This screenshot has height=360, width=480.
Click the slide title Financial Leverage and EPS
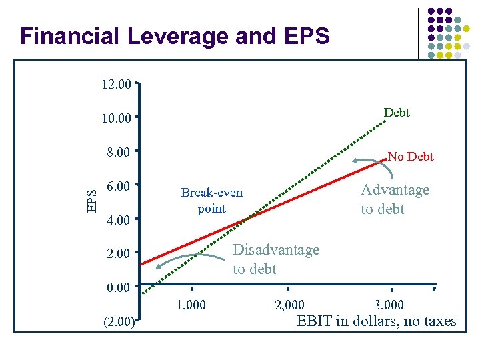(175, 36)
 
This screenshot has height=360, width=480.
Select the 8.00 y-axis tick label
(119, 153)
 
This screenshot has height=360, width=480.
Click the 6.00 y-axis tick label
(119, 186)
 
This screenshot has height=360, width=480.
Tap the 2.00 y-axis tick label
(119, 254)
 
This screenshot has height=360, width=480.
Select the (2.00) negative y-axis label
(118, 323)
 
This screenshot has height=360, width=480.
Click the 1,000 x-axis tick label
(191, 305)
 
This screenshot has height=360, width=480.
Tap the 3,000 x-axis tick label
(389, 305)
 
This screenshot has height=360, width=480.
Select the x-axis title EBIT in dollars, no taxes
(376, 322)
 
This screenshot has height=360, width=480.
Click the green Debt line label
(397, 113)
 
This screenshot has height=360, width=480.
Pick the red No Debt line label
(411, 157)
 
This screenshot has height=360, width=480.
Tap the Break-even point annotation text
(212, 201)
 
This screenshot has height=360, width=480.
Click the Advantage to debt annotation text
(395, 199)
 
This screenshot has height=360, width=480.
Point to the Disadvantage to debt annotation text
(276, 259)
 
